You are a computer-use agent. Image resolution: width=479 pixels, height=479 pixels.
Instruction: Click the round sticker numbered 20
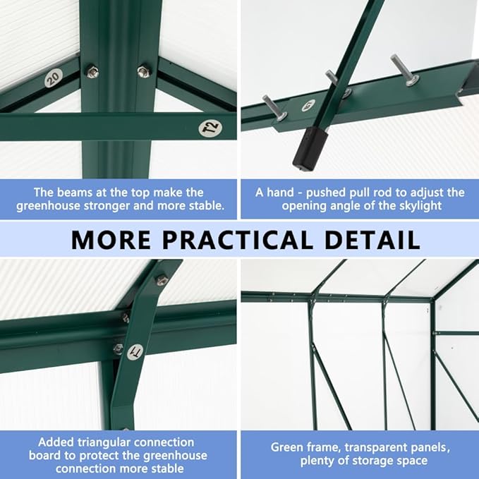tap(52, 77)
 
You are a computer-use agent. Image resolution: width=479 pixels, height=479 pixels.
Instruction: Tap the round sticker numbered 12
tap(210, 128)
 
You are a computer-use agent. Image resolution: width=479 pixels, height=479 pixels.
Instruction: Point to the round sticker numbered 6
tap(307, 106)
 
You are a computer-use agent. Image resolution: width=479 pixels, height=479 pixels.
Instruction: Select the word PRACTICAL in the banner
tap(236, 240)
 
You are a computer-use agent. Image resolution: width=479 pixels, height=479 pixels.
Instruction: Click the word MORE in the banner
tap(111, 240)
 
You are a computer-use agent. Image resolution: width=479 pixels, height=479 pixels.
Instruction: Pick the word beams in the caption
tap(81, 192)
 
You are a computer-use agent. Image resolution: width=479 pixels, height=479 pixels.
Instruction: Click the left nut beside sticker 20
tap(91, 71)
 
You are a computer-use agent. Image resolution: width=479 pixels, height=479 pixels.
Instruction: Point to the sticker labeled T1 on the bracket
tap(134, 351)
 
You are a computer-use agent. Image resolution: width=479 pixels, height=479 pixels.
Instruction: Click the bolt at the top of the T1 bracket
tap(162, 280)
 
